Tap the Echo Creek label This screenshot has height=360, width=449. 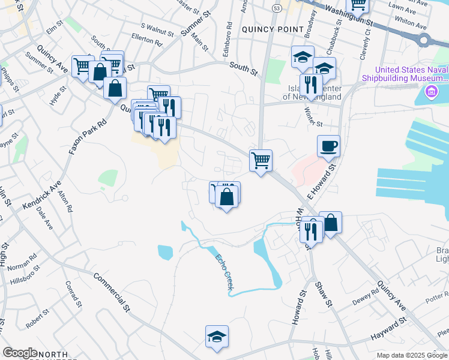click(222, 273)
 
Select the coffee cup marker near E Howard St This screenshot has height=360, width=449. click(328, 146)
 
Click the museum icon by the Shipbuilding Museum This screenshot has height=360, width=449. click(430, 92)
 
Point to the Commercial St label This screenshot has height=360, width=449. click(112, 293)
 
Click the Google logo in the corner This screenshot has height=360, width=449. click(20, 353)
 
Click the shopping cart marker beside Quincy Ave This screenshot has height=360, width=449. click(261, 160)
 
